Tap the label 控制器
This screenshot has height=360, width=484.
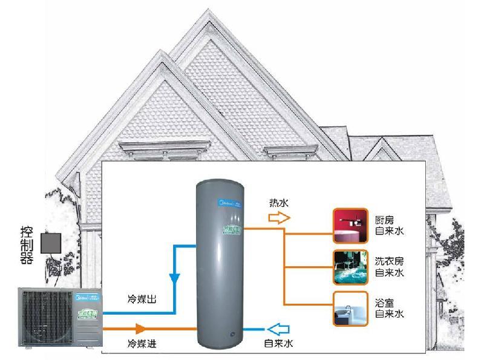coord(27,243)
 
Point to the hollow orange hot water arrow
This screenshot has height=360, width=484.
coord(280,218)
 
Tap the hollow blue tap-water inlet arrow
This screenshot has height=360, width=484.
coord(279,329)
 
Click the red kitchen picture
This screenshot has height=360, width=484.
coord(350,225)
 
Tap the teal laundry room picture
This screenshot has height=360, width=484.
coord(350,266)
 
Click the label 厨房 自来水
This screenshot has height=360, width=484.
coord(388,225)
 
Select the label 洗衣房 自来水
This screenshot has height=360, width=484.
coord(388,266)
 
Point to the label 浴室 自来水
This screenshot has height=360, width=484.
coord(388,309)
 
